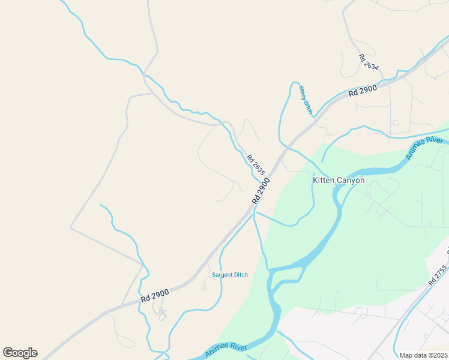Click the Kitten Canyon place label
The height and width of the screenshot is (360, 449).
pyautogui.click(x=339, y=179)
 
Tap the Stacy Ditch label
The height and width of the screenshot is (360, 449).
pyautogui.click(x=306, y=100)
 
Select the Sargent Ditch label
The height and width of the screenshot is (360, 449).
pyautogui.click(x=230, y=275)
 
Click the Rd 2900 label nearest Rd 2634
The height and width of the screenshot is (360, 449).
pyautogui.click(x=363, y=91)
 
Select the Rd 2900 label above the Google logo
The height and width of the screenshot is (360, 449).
pyautogui.click(x=155, y=295)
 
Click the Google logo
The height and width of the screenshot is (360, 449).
pyautogui.click(x=20, y=353)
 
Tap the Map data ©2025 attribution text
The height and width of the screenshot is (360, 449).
pyautogui.click(x=423, y=355)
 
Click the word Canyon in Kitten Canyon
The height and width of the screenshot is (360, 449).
pyautogui.click(x=351, y=179)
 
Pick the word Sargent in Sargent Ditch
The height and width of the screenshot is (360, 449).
pyautogui.click(x=223, y=275)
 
